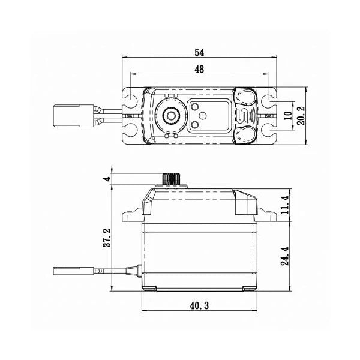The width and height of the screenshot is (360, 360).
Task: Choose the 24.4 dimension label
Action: [286, 256]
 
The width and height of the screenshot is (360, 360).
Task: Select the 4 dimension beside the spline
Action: [107, 179]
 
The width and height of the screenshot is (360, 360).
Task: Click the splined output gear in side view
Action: [172, 179]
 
